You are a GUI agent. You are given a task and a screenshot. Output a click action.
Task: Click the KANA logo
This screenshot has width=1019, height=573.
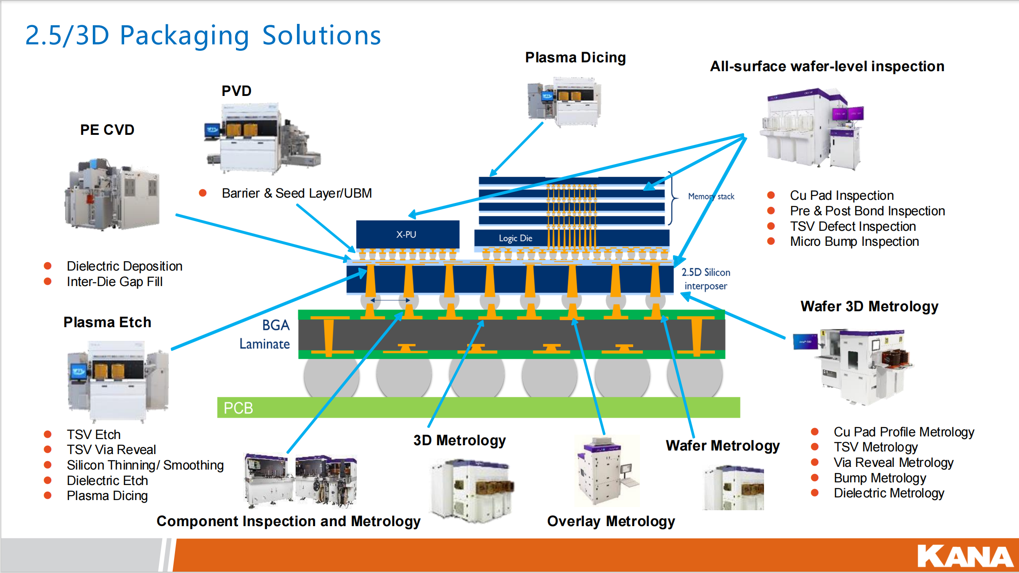[965, 556]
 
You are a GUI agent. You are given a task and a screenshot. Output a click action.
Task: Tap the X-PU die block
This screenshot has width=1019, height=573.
[407, 234]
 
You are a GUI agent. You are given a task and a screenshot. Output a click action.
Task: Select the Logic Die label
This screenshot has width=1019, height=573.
[515, 238]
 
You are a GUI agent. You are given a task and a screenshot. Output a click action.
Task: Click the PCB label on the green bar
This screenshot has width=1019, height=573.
[238, 408]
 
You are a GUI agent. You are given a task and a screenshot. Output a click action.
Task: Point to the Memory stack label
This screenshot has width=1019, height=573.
[711, 196]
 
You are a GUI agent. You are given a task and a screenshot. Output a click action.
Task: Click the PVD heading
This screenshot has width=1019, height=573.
[236, 91]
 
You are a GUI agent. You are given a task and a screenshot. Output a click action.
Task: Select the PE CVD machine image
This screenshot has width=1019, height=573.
[112, 194]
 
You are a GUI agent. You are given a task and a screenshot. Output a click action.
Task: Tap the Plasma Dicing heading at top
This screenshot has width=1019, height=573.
[575, 57]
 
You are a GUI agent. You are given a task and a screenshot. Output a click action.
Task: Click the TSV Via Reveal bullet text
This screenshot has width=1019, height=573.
[111, 450]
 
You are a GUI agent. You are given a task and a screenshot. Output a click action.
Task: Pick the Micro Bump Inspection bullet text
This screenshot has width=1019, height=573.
[854, 241]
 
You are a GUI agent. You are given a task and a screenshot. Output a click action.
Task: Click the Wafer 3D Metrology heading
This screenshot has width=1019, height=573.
[869, 306]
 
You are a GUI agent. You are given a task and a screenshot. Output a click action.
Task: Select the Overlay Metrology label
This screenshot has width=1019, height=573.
[611, 521]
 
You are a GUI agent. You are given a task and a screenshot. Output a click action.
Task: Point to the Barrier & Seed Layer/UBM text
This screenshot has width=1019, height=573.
[297, 193]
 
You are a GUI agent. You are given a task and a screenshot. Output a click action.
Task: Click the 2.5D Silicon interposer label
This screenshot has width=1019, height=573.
[706, 279]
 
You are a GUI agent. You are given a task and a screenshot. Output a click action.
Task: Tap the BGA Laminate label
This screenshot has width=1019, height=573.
[265, 335]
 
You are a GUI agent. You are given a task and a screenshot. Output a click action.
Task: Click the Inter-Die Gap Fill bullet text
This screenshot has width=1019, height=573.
[114, 282]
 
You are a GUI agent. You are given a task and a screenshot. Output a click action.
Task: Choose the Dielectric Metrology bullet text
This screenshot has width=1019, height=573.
[889, 493]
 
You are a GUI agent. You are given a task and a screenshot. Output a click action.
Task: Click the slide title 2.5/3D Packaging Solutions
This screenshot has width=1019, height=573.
[203, 35]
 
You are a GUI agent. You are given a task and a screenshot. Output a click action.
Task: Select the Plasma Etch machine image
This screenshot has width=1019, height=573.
[118, 381]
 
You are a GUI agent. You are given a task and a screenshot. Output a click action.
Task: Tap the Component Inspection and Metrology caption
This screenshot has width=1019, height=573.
[289, 521]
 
